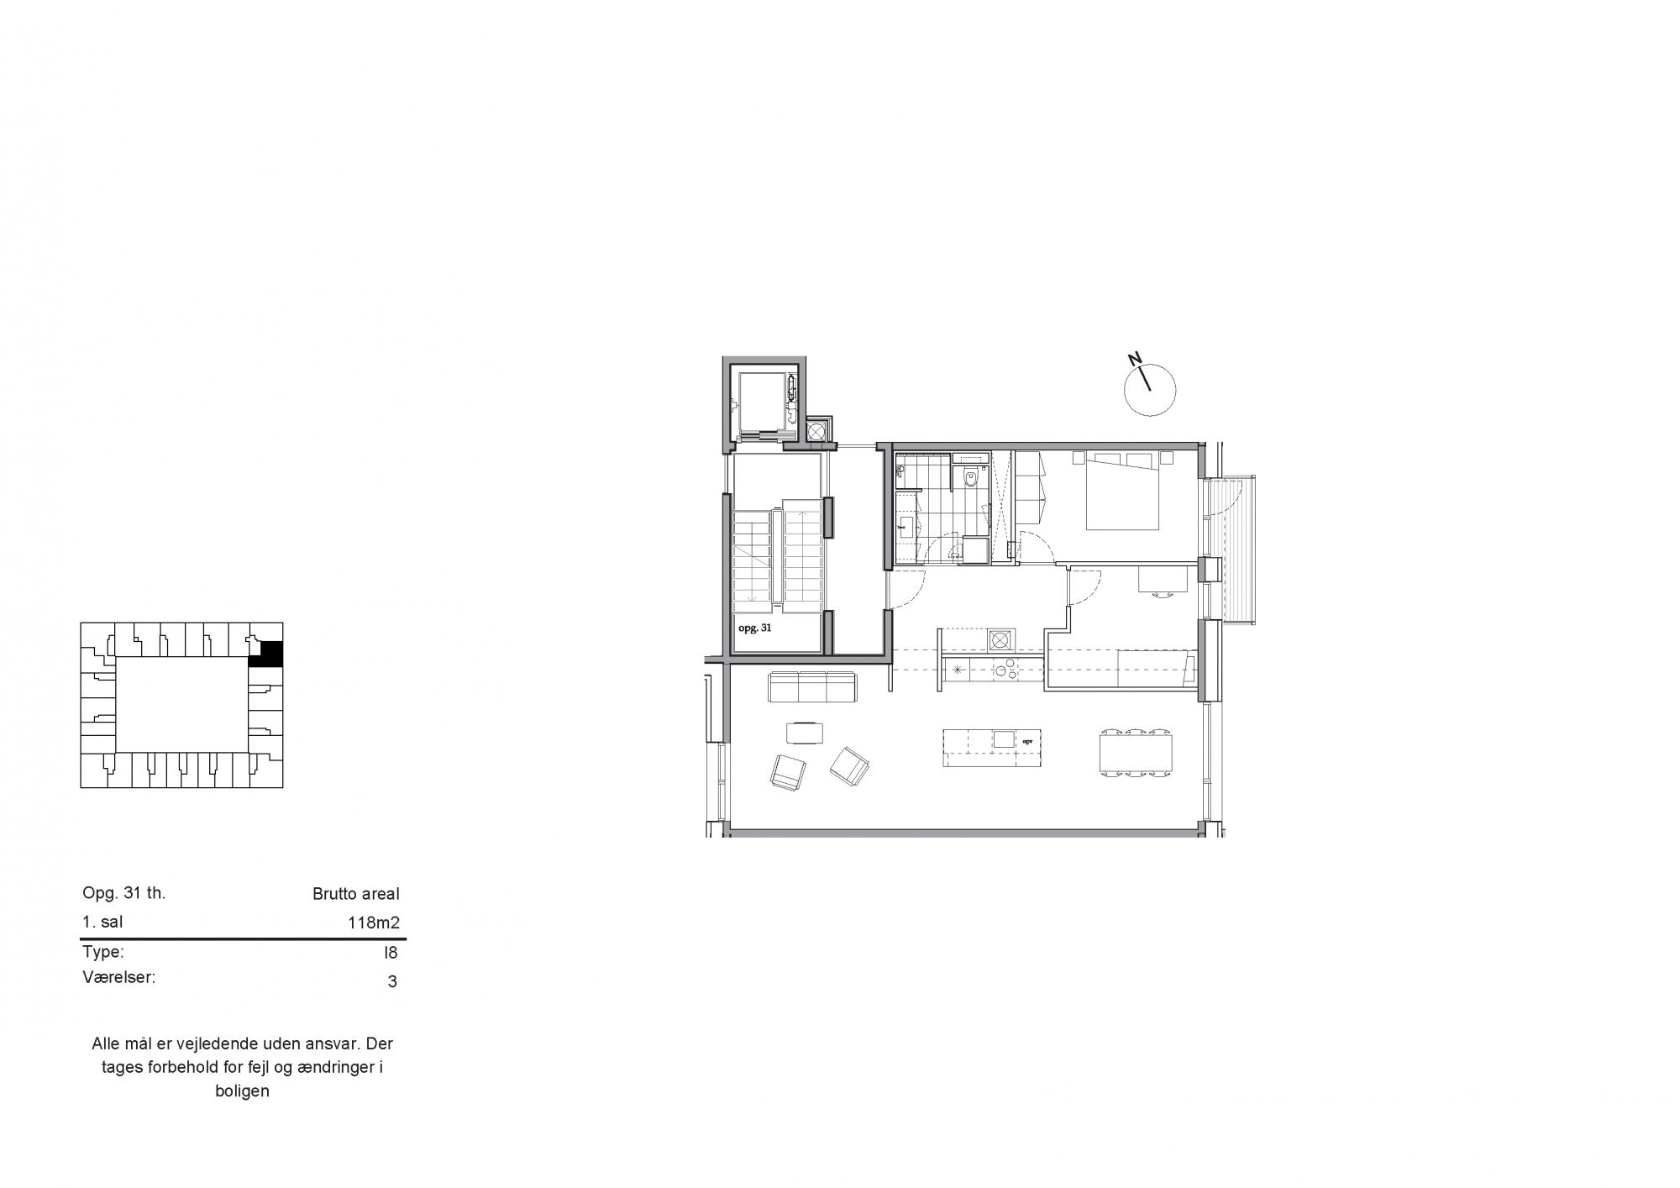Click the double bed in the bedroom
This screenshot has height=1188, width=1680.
point(1123,491)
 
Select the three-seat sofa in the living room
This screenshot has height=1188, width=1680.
point(812,686)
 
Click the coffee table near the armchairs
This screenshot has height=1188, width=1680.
point(806,733)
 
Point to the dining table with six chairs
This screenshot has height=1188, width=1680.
point(1137,752)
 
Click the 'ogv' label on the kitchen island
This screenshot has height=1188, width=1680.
point(1026,742)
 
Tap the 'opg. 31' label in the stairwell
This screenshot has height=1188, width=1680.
point(755,627)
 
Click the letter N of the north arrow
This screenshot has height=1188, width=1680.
point(1135,360)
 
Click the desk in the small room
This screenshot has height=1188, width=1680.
point(1163,579)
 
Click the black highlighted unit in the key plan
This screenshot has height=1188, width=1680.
point(266,654)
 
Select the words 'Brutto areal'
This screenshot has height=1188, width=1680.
point(356,894)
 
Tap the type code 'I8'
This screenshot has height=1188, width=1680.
point(391,953)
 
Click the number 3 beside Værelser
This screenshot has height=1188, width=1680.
point(392,981)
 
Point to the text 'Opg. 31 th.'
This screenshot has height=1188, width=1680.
point(124,893)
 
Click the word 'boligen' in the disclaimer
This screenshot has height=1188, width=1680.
point(242,1092)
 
